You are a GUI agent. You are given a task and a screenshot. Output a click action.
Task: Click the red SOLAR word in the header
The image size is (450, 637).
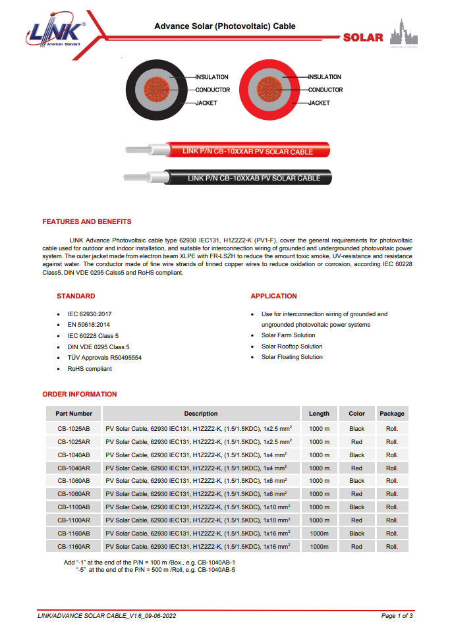[362, 38]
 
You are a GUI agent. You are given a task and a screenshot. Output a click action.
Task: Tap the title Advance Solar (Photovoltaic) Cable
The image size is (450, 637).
[225, 26]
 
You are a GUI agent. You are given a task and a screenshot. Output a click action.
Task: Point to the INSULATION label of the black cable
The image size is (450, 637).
[211, 77]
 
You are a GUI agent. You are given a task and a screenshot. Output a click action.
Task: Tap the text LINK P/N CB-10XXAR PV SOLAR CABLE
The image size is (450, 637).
[247, 152]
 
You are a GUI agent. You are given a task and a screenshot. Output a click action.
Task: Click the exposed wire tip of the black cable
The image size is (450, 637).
[134, 177]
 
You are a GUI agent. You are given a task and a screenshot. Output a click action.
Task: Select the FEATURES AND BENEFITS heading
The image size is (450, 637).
[86, 221]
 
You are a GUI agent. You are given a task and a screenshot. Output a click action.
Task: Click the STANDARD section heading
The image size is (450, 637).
[76, 296]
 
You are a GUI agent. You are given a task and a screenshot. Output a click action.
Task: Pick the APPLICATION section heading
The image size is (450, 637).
[273, 296]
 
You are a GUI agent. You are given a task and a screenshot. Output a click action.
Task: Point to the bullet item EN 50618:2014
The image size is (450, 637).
[88, 325]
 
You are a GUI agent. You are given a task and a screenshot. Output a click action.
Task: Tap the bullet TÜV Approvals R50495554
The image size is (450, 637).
[104, 358]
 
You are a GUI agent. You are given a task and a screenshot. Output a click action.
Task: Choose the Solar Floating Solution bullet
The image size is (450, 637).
[292, 357]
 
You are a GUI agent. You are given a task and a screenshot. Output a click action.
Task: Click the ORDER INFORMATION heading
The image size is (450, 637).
[79, 394]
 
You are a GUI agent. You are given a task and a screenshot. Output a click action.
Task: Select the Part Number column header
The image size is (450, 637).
[74, 414]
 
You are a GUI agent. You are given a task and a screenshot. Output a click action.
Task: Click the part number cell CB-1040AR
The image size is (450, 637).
[74, 468]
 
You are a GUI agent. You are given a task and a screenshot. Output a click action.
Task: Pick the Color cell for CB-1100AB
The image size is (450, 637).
[356, 507]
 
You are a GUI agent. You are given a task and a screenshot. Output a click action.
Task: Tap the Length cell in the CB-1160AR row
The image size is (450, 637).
[319, 547]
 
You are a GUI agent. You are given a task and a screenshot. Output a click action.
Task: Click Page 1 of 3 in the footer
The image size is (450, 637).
[397, 616]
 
